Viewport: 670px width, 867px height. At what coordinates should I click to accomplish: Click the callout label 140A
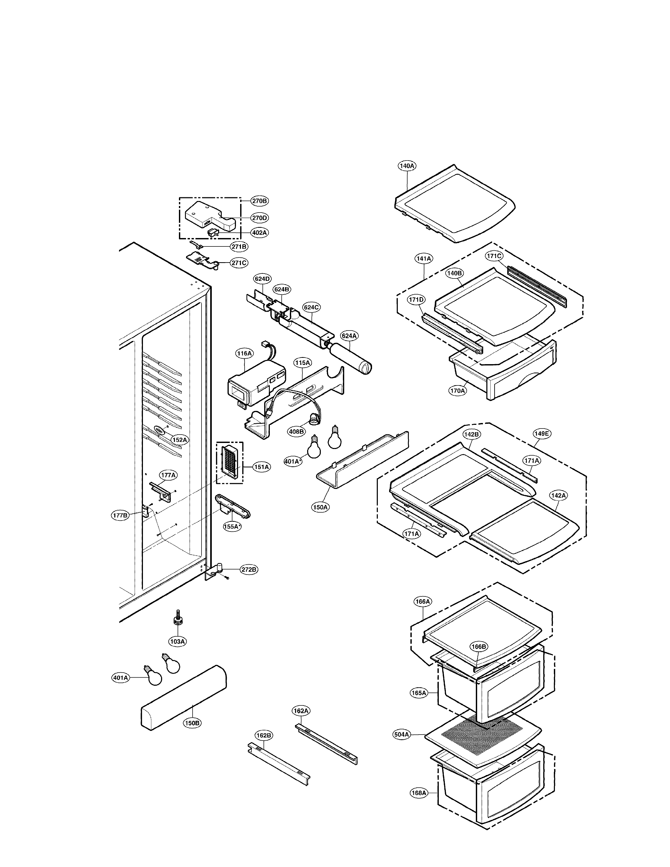point(407,166)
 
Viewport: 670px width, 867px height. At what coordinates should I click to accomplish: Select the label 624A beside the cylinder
point(349,336)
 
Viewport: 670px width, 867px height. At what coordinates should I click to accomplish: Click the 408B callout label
point(296,431)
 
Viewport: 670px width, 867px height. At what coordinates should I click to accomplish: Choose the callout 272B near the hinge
point(249,570)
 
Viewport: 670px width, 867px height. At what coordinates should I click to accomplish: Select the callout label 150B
point(192,723)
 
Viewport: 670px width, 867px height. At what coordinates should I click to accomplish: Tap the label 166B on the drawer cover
point(478,647)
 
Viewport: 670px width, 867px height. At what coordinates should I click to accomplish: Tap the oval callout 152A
point(179,440)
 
